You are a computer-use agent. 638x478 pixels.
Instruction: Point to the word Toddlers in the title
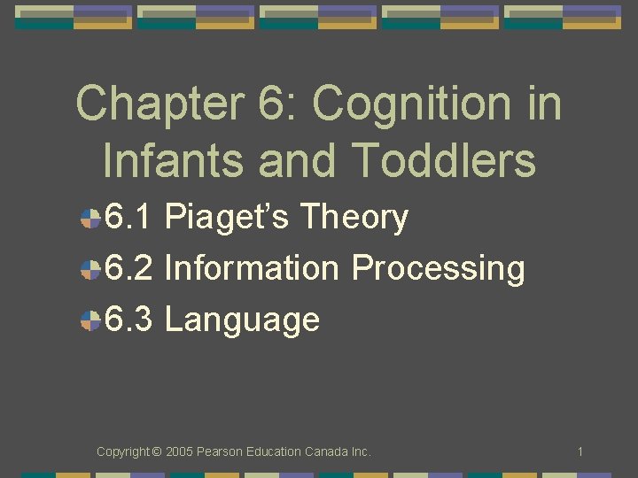[444, 161]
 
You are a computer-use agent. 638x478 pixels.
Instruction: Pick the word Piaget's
[227, 218]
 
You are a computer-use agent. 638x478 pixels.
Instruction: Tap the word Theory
[354, 218]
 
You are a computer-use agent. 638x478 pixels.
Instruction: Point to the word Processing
[438, 268]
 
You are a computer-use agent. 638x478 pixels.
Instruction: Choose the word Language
[242, 320]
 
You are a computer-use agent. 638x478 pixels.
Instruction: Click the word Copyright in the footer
[123, 452]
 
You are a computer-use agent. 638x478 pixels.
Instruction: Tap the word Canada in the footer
[324, 452]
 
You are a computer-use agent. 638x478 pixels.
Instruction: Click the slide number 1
[580, 452]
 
